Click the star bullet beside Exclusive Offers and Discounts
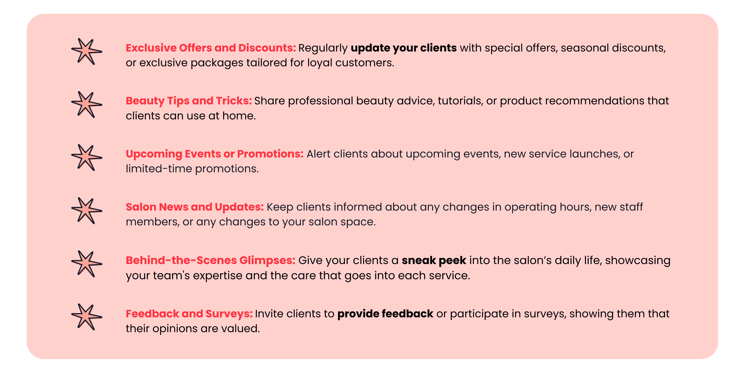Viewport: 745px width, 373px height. coord(86,51)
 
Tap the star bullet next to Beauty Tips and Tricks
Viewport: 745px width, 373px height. coord(86,105)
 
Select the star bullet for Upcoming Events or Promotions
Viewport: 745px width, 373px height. coord(86,157)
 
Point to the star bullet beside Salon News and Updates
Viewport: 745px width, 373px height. coord(86,211)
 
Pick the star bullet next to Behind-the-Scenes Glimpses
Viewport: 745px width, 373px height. coord(86,264)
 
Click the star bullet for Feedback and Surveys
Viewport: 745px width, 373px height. coord(86,317)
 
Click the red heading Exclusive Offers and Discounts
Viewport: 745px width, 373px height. coord(210,48)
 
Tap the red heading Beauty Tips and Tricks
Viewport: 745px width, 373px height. coord(189,101)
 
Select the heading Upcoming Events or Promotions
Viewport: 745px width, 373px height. coord(214,154)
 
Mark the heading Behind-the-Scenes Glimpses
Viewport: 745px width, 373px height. coord(210,260)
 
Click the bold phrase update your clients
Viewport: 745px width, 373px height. coord(403,48)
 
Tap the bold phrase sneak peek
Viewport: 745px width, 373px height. coord(434,260)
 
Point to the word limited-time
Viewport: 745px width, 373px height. coord(158,169)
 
